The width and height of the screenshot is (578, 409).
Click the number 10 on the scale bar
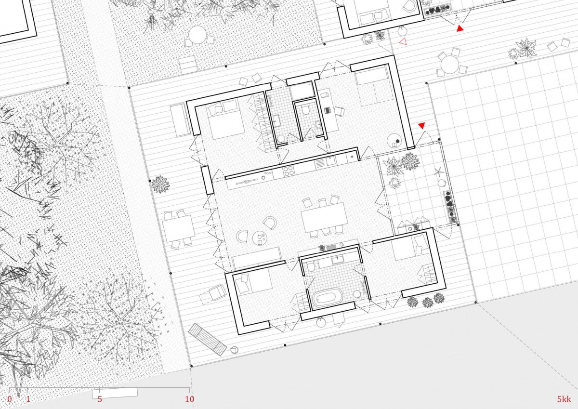click(189, 399)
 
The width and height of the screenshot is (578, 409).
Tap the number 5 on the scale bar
click(100, 399)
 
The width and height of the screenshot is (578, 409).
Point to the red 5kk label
click(564, 399)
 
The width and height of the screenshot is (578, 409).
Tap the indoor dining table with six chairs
click(324, 217)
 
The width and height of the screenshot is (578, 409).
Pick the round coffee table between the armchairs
click(260, 237)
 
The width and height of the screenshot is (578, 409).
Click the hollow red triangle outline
click(403, 41)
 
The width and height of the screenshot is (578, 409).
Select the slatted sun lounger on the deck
click(207, 339)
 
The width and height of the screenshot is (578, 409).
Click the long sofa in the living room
click(257, 258)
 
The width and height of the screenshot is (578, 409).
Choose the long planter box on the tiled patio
click(450, 207)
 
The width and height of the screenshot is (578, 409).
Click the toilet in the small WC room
click(306, 110)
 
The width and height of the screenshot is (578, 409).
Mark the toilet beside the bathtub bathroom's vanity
click(311, 266)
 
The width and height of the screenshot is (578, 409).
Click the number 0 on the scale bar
click(10, 399)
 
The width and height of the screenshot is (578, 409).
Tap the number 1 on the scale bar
click(28, 399)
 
